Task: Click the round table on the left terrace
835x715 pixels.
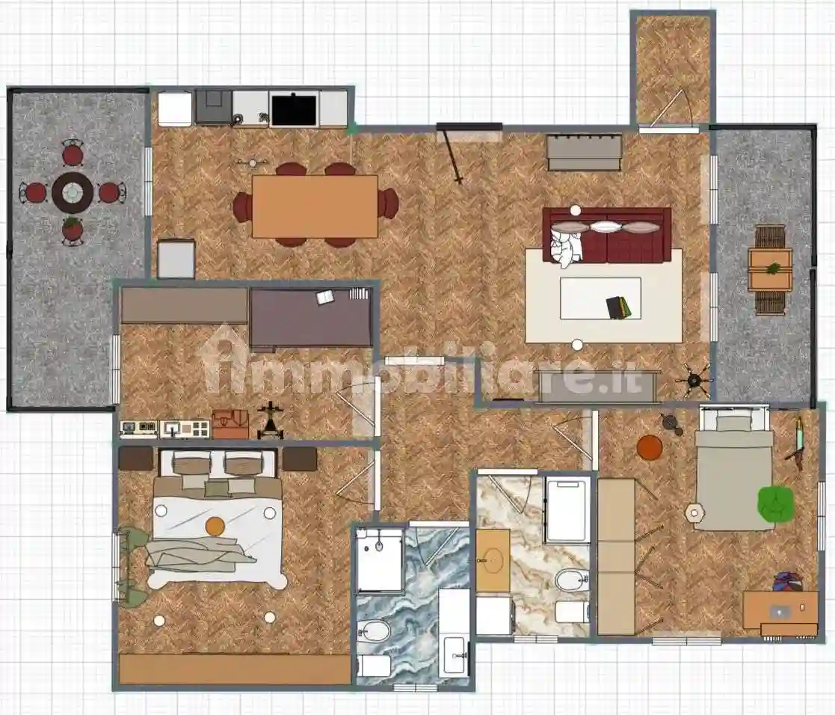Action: (x=73, y=192)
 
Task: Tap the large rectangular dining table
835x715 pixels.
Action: (x=315, y=206)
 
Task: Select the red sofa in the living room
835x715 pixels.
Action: (x=606, y=235)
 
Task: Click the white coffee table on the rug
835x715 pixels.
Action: (x=600, y=298)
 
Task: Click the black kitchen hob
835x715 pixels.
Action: (x=294, y=110)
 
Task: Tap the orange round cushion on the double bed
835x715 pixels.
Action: (x=215, y=527)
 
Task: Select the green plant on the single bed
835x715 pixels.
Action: (x=776, y=503)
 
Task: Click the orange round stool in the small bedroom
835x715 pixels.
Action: (x=650, y=447)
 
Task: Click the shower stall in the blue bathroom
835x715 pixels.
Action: (x=379, y=560)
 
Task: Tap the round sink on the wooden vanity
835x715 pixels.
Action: (x=493, y=559)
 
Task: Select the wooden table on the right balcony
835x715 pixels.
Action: (x=770, y=269)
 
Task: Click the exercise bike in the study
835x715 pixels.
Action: (x=270, y=420)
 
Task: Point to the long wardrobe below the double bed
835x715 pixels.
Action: (x=235, y=669)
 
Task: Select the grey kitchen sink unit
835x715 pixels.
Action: (x=214, y=107)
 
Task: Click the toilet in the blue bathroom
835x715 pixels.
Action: (x=373, y=632)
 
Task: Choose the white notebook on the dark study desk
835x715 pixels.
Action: (x=325, y=298)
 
